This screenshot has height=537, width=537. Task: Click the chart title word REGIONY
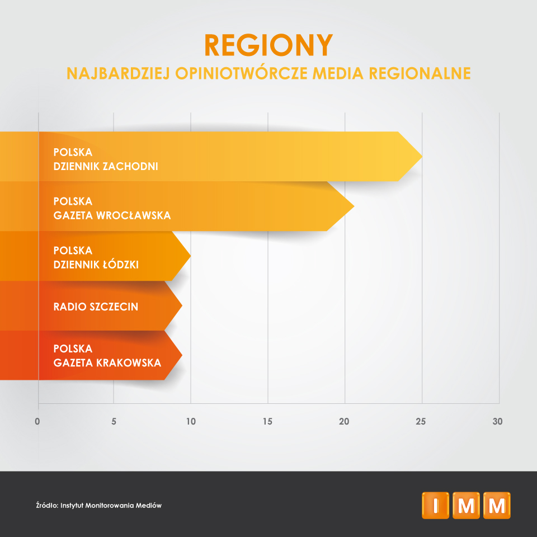coord(268,45)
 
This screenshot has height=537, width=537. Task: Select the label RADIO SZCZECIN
coord(96,307)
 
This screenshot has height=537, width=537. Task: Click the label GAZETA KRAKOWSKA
coord(107,362)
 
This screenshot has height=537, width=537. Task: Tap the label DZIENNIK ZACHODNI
coord(106,166)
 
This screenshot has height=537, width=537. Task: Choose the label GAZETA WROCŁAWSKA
coord(112,215)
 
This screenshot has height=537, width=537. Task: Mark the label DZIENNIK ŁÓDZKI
coord(96,264)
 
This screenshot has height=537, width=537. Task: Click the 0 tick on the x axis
coord(37,421)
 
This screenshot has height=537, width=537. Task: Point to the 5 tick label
coord(114,421)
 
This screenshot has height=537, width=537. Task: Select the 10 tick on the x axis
coord(191,421)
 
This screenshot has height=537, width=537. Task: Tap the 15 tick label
coord(267,421)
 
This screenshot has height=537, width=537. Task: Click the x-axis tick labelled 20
coord(345,421)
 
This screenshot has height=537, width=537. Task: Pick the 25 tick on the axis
coord(421,421)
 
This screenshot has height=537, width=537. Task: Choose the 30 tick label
coord(497,421)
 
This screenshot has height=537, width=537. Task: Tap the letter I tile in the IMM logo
coord(435,505)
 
